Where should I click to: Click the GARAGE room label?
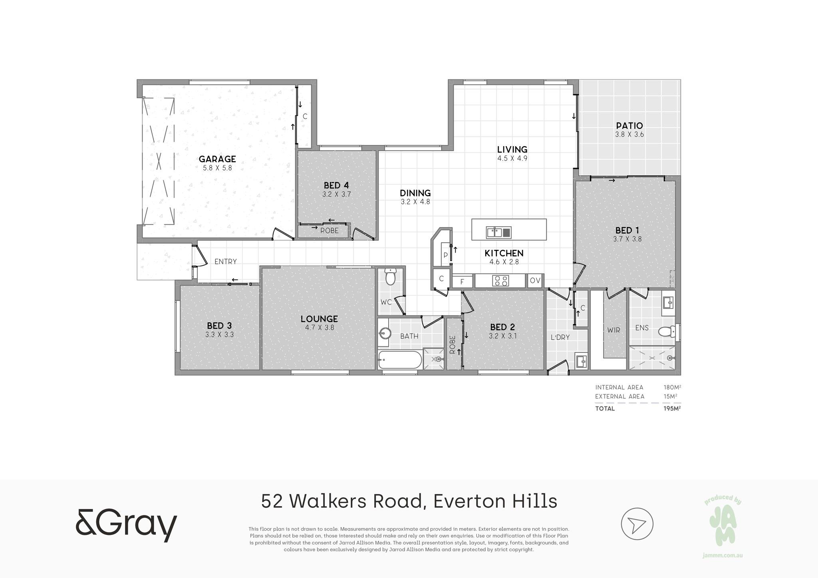217,159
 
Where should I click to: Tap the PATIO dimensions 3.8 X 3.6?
629,135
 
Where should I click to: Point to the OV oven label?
535,281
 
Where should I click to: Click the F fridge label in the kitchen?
462,282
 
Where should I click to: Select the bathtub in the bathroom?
400,360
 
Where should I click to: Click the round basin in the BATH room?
385,333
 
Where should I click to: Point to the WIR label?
613,330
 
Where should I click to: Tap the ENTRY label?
226,261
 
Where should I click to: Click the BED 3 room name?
219,326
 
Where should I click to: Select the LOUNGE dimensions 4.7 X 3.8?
320,328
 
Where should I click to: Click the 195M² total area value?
672,408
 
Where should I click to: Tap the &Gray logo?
126,525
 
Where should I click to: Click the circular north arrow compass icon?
637,524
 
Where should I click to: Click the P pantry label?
445,255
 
